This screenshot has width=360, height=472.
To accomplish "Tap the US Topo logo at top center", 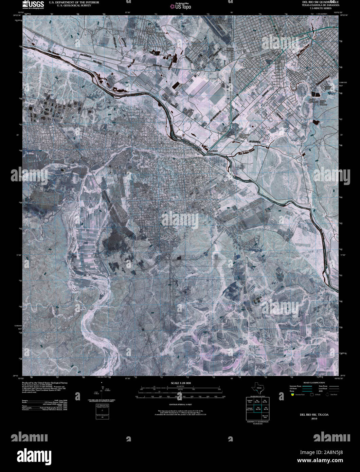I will point(180,6).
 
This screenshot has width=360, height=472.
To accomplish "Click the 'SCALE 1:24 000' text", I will point(180,383).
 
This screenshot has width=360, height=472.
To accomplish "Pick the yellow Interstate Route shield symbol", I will point(292,395).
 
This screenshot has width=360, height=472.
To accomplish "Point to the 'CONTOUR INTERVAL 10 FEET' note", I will point(180,405).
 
